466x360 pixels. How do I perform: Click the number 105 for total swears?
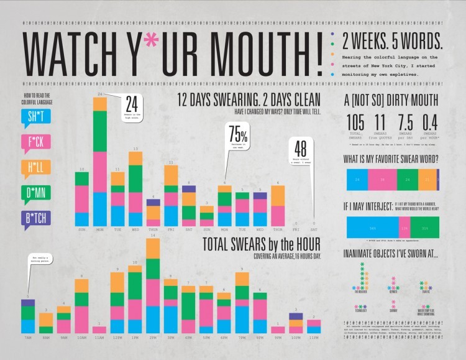[x=355, y=123]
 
